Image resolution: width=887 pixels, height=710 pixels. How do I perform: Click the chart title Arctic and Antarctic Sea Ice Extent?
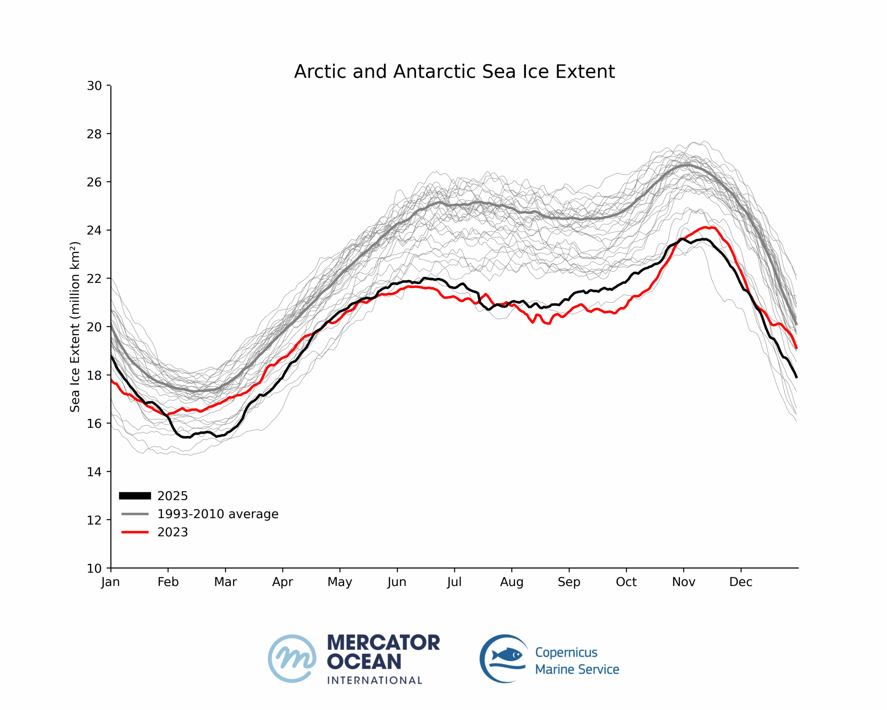(454, 72)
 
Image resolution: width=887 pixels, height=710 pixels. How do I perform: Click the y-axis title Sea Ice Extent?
(74, 327)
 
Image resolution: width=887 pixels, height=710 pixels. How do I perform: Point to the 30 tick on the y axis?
(94, 86)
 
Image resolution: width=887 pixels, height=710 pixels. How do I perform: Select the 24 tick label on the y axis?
(94, 230)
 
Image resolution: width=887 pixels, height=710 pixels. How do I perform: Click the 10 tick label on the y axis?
(94, 569)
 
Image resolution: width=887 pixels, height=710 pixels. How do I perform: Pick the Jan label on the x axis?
(110, 582)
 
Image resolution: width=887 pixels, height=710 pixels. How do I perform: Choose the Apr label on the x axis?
(283, 582)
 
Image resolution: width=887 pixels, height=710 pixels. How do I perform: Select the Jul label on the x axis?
(454, 582)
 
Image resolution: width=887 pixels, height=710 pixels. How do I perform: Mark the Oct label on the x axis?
(626, 582)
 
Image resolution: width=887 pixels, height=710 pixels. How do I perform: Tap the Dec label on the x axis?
(741, 582)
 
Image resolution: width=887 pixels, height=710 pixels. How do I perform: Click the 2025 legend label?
(173, 496)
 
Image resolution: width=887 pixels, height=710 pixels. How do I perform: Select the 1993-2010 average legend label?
(218, 514)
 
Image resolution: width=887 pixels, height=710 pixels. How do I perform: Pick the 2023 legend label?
(173, 532)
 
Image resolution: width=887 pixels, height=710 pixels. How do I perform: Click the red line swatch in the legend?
(135, 532)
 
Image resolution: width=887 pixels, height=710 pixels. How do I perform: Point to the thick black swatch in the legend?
(135, 496)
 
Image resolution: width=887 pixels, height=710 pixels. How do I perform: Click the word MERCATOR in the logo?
(384, 643)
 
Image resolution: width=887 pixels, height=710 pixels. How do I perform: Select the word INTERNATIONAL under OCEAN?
(375, 681)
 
